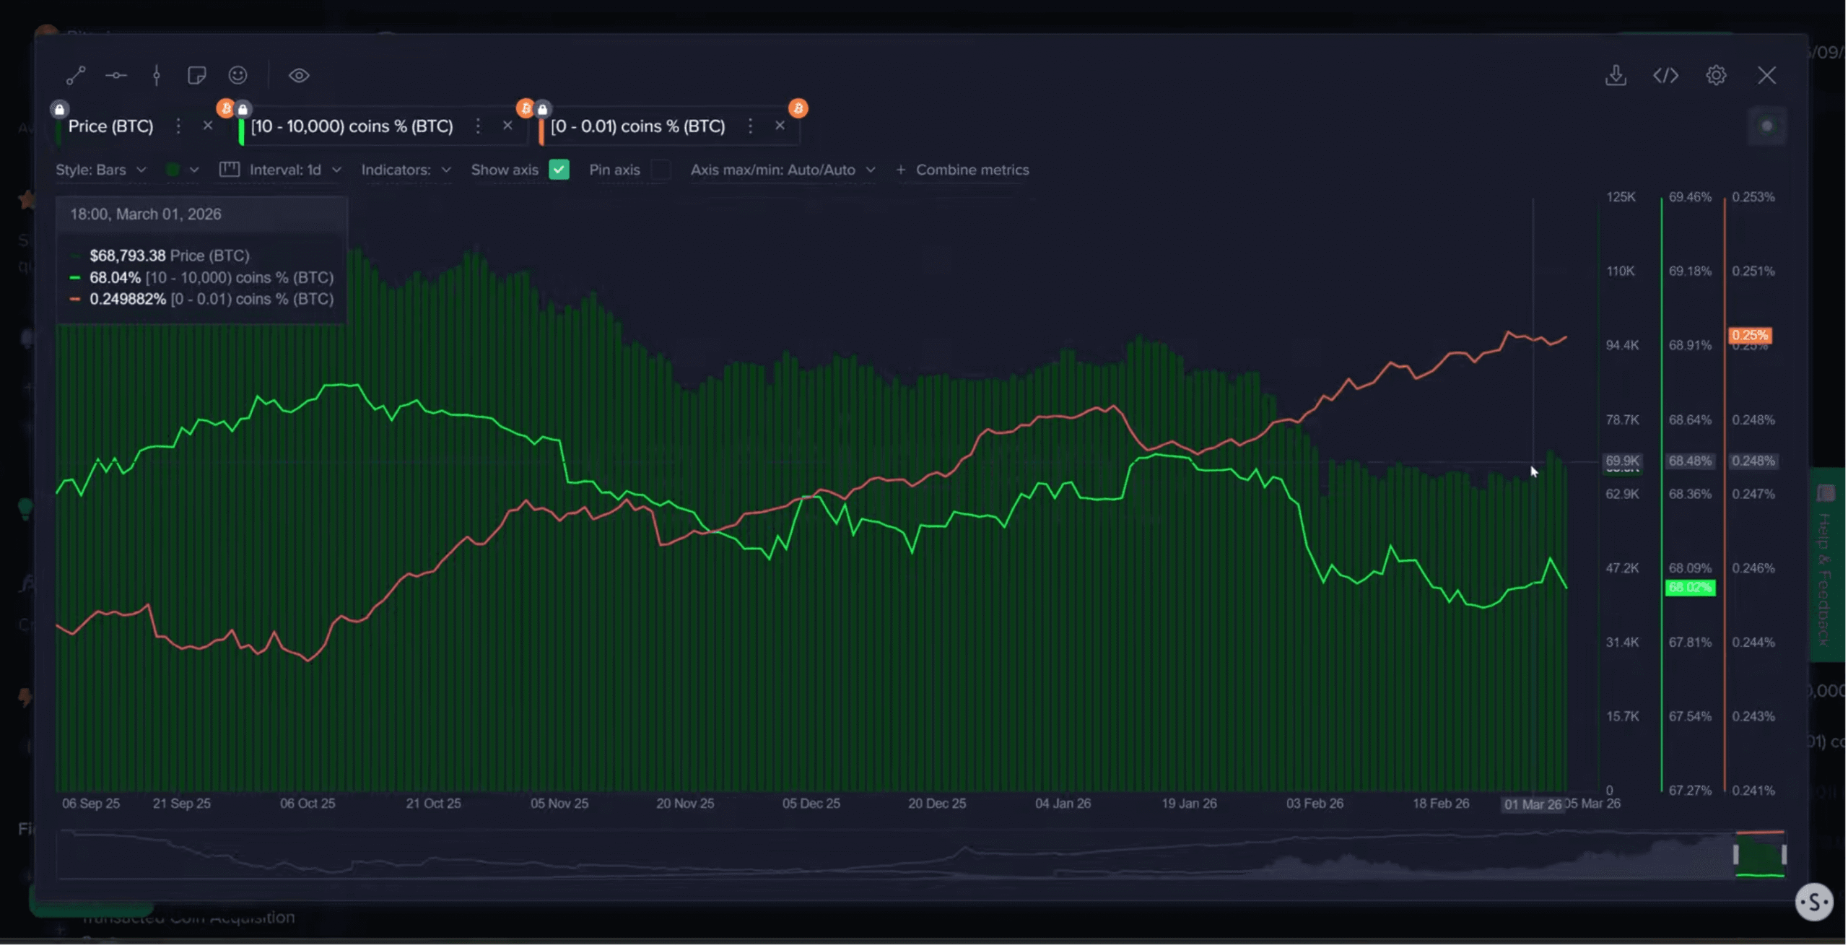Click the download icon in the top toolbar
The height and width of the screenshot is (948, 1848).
point(1616,75)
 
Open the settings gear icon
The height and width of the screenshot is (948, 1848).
point(1716,75)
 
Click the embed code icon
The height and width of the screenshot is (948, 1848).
point(1665,75)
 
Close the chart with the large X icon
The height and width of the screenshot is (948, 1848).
point(1766,75)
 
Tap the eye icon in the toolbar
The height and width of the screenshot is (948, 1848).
point(299,75)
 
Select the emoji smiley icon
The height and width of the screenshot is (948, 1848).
point(237,75)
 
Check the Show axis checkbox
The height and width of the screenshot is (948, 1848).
point(559,170)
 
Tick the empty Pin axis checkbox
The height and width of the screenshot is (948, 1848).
point(660,170)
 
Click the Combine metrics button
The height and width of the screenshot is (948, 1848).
point(964,170)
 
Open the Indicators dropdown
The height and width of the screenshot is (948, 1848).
point(406,170)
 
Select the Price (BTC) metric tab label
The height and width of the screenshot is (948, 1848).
point(110,126)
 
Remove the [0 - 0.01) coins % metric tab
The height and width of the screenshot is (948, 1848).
point(780,126)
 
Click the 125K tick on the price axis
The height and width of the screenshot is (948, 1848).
point(1621,197)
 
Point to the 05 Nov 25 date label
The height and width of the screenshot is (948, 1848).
point(559,804)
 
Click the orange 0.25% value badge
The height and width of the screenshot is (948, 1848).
point(1749,335)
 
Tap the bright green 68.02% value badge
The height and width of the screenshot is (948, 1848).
point(1689,588)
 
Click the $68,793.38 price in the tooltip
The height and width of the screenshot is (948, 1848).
point(127,256)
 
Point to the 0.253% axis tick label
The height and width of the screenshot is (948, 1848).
point(1753,197)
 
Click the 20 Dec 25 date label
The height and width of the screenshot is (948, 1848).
point(936,804)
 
